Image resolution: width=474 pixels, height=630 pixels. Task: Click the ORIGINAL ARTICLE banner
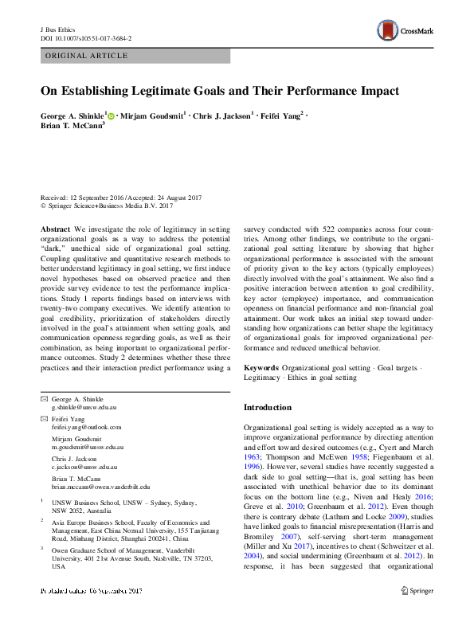pos(88,56)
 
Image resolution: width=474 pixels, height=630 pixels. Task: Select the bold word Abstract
pos(55,229)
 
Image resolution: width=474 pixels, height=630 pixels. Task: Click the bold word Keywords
pos(261,368)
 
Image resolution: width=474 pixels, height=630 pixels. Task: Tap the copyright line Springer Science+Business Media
pos(106,205)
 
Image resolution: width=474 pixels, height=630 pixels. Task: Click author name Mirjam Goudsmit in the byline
pos(154,116)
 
